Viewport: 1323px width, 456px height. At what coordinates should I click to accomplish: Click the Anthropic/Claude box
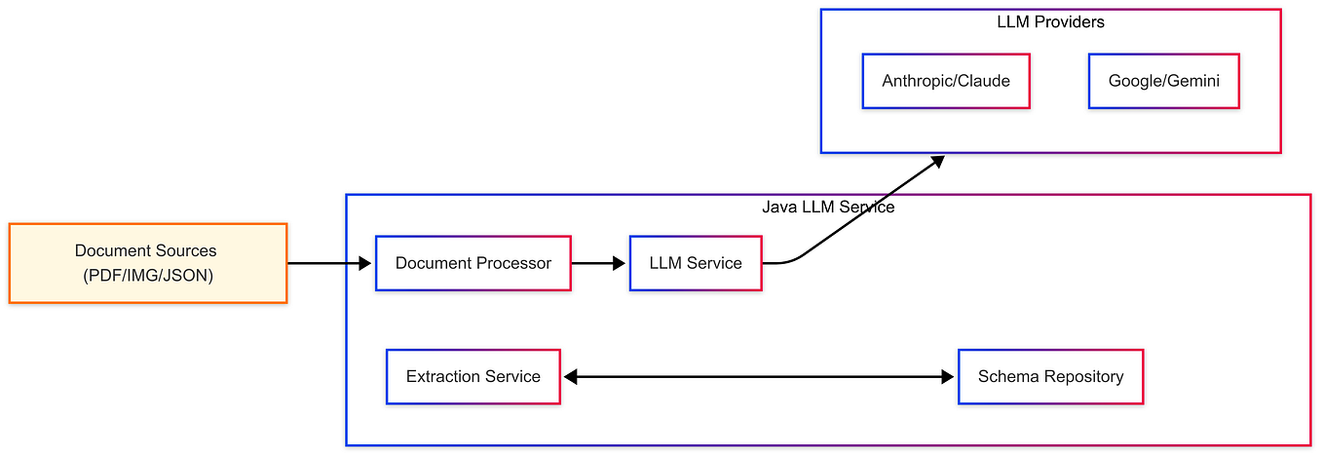(945, 81)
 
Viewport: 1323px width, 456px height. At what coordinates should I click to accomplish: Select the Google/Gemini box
(1163, 81)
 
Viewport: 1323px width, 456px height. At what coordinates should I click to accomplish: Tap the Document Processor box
(473, 263)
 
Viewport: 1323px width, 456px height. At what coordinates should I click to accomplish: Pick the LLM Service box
(696, 263)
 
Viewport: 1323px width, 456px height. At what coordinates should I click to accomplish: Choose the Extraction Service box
(473, 377)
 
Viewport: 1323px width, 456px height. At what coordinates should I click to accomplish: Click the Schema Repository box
(1050, 377)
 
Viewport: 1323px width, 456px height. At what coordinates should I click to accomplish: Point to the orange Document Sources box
(148, 263)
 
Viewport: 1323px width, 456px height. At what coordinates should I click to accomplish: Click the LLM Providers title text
(1050, 21)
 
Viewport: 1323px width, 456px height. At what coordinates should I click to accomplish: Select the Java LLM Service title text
(828, 208)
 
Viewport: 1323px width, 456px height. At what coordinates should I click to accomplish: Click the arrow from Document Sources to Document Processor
(329, 263)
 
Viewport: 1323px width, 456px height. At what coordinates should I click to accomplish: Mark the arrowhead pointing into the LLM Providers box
(936, 161)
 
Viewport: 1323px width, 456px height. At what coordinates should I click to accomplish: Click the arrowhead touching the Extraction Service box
(571, 377)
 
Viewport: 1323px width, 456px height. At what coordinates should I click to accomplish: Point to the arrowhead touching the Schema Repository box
(948, 377)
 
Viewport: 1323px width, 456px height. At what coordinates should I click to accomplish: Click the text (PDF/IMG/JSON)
(148, 276)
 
